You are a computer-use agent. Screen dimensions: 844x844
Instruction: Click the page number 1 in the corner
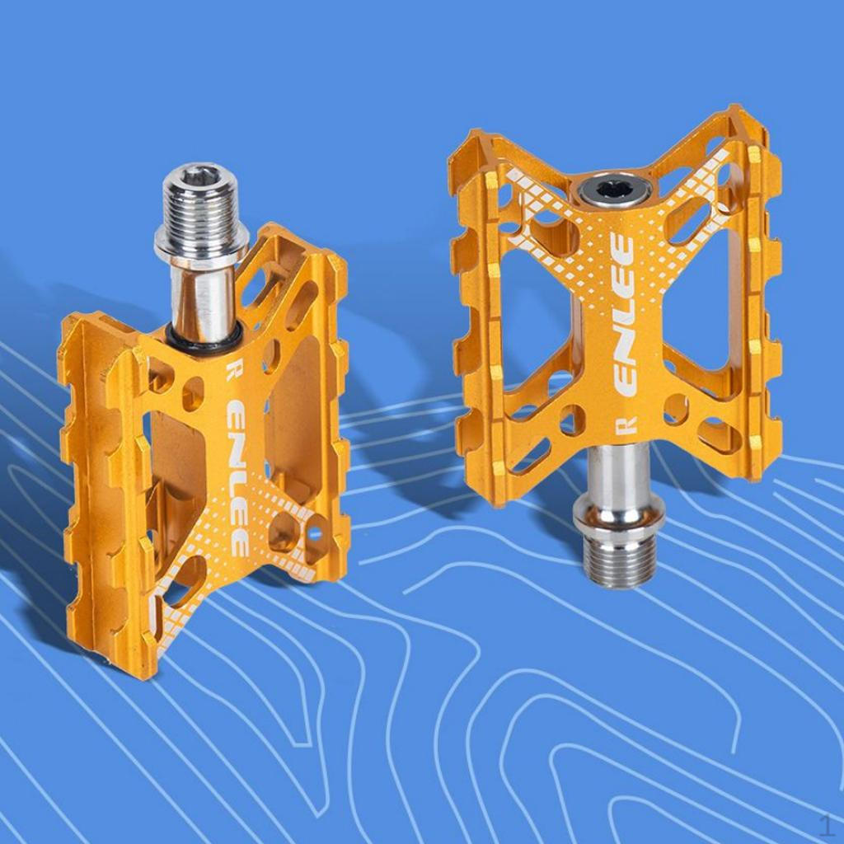click(x=826, y=824)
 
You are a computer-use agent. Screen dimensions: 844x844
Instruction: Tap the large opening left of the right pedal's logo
click(x=536, y=313)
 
